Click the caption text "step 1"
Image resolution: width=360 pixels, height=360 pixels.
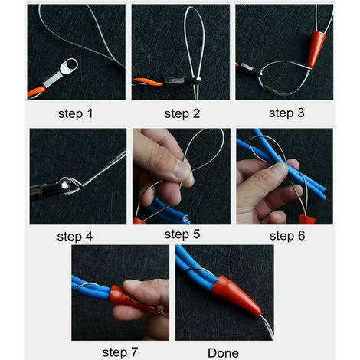(75, 113)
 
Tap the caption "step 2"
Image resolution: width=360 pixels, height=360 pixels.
(182, 113)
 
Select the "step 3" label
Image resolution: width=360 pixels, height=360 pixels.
(286, 113)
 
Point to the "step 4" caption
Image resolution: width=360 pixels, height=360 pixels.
(74, 236)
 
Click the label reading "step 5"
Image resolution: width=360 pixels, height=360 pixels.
(182, 234)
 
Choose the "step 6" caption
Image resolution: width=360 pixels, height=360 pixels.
(287, 235)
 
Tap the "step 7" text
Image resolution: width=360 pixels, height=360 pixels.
(120, 352)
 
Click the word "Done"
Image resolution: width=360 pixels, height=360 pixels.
(223, 353)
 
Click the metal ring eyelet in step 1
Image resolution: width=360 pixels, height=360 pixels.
(68, 66)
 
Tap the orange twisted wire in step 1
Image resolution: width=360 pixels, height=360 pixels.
(37, 92)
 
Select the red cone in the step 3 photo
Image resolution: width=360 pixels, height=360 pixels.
(316, 49)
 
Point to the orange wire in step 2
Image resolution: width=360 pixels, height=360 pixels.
(148, 82)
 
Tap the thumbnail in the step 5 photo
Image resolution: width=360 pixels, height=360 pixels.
(182, 170)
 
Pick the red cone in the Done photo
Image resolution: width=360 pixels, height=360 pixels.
(235, 295)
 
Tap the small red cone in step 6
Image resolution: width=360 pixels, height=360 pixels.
(307, 220)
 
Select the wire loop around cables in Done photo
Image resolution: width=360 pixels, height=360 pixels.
(198, 270)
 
